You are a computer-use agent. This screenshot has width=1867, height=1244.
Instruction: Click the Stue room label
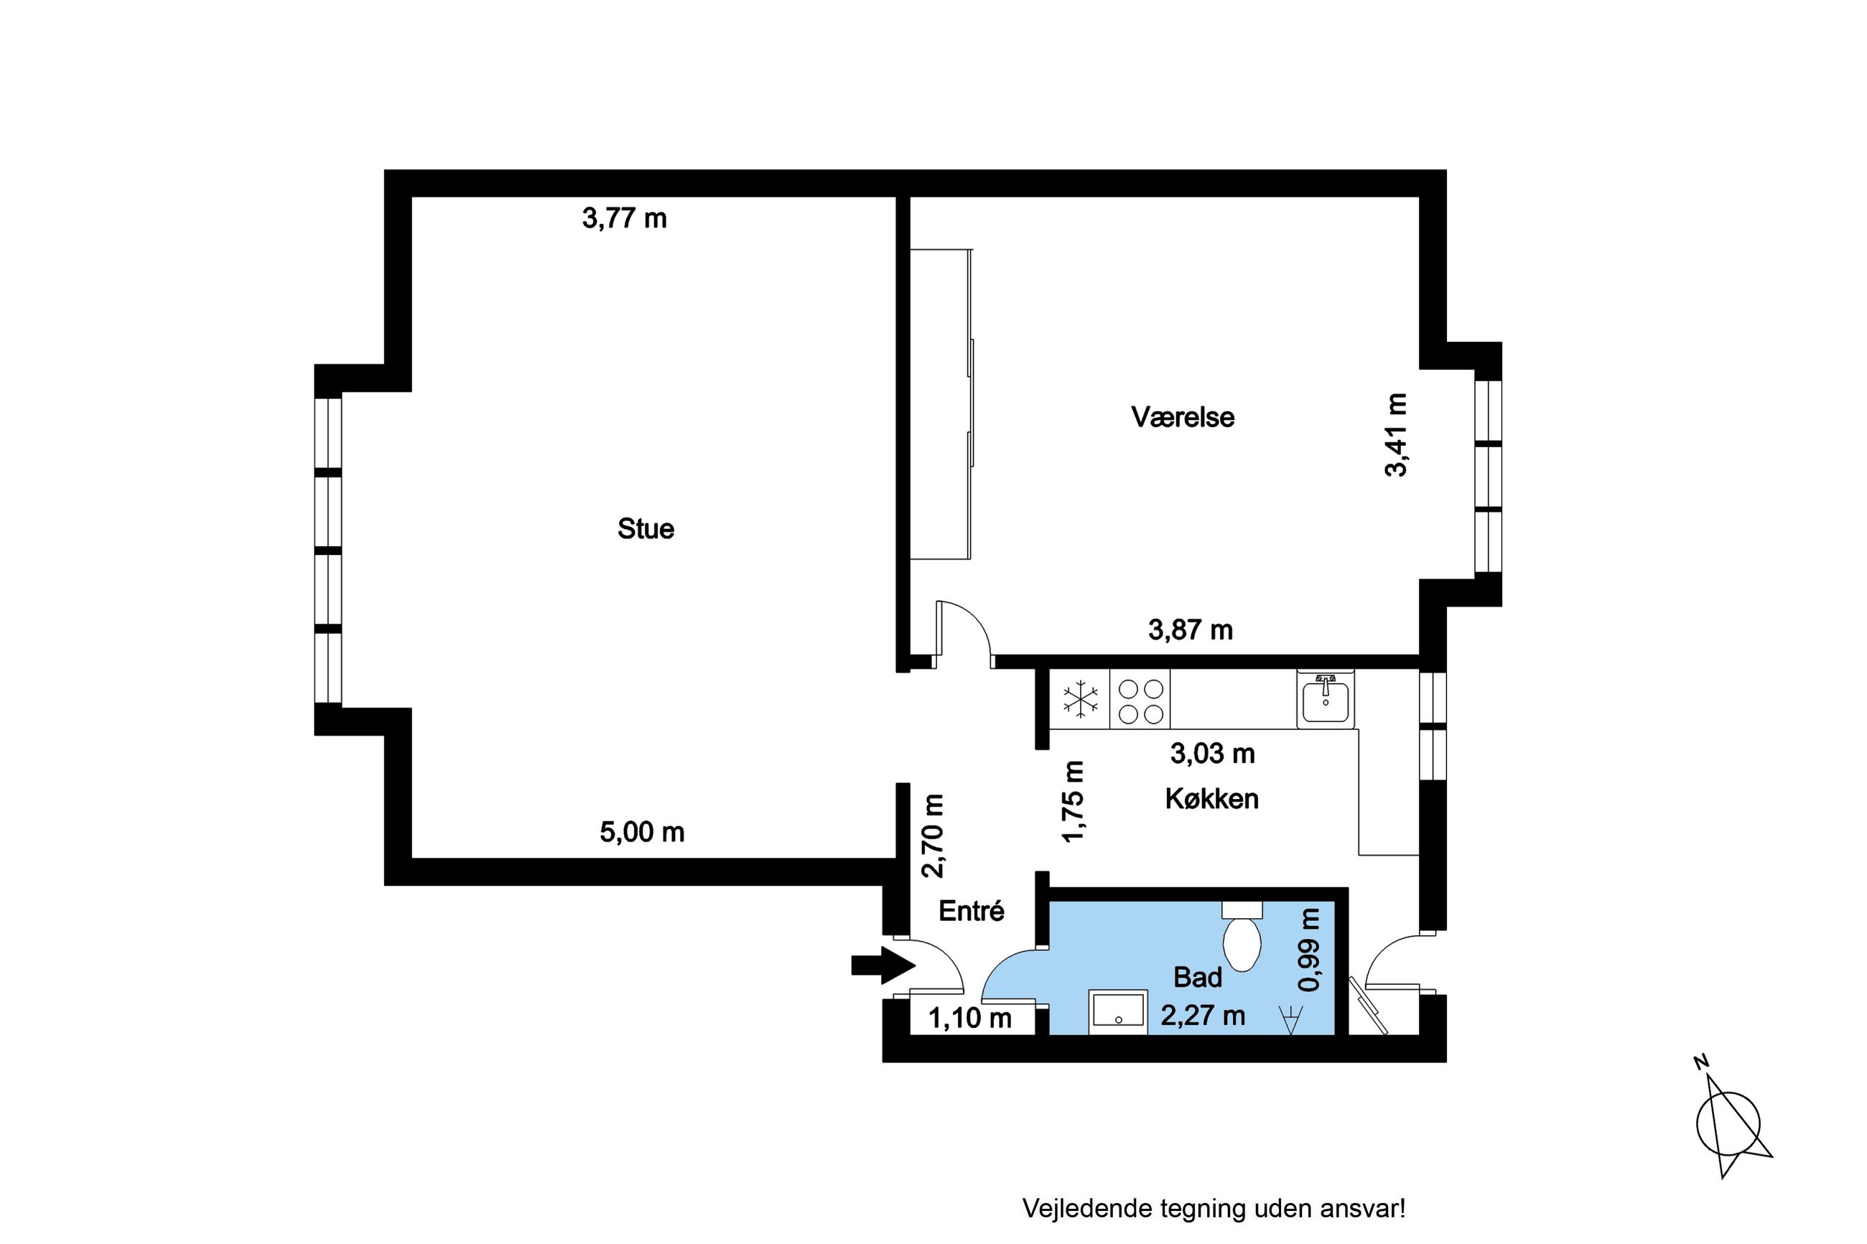tap(645, 528)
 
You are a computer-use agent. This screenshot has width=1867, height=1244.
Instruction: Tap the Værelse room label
tap(1182, 416)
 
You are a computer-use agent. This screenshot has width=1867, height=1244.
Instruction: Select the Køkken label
tap(1211, 798)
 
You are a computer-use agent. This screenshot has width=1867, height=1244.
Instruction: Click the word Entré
tap(971, 911)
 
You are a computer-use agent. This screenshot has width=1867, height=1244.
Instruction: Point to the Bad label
tap(1197, 978)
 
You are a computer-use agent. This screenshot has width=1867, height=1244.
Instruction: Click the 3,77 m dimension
tap(625, 218)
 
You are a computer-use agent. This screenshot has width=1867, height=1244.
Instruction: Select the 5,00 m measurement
tap(642, 832)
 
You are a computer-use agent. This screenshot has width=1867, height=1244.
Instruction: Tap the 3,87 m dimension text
tap(1190, 630)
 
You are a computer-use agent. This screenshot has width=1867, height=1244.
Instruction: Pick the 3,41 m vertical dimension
tap(1396, 435)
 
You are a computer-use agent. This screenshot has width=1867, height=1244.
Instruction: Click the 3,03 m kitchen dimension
tap(1212, 753)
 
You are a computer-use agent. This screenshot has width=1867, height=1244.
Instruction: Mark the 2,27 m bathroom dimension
tap(1203, 1016)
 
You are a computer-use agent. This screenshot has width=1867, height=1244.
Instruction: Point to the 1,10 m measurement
tap(969, 1018)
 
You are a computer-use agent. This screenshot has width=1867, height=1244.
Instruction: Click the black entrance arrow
tap(883, 965)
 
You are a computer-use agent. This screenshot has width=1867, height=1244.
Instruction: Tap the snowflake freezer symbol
tap(1080, 700)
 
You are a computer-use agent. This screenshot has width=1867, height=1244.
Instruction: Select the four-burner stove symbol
tap(1140, 700)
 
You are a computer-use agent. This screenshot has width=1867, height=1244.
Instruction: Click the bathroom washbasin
tap(1118, 1012)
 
